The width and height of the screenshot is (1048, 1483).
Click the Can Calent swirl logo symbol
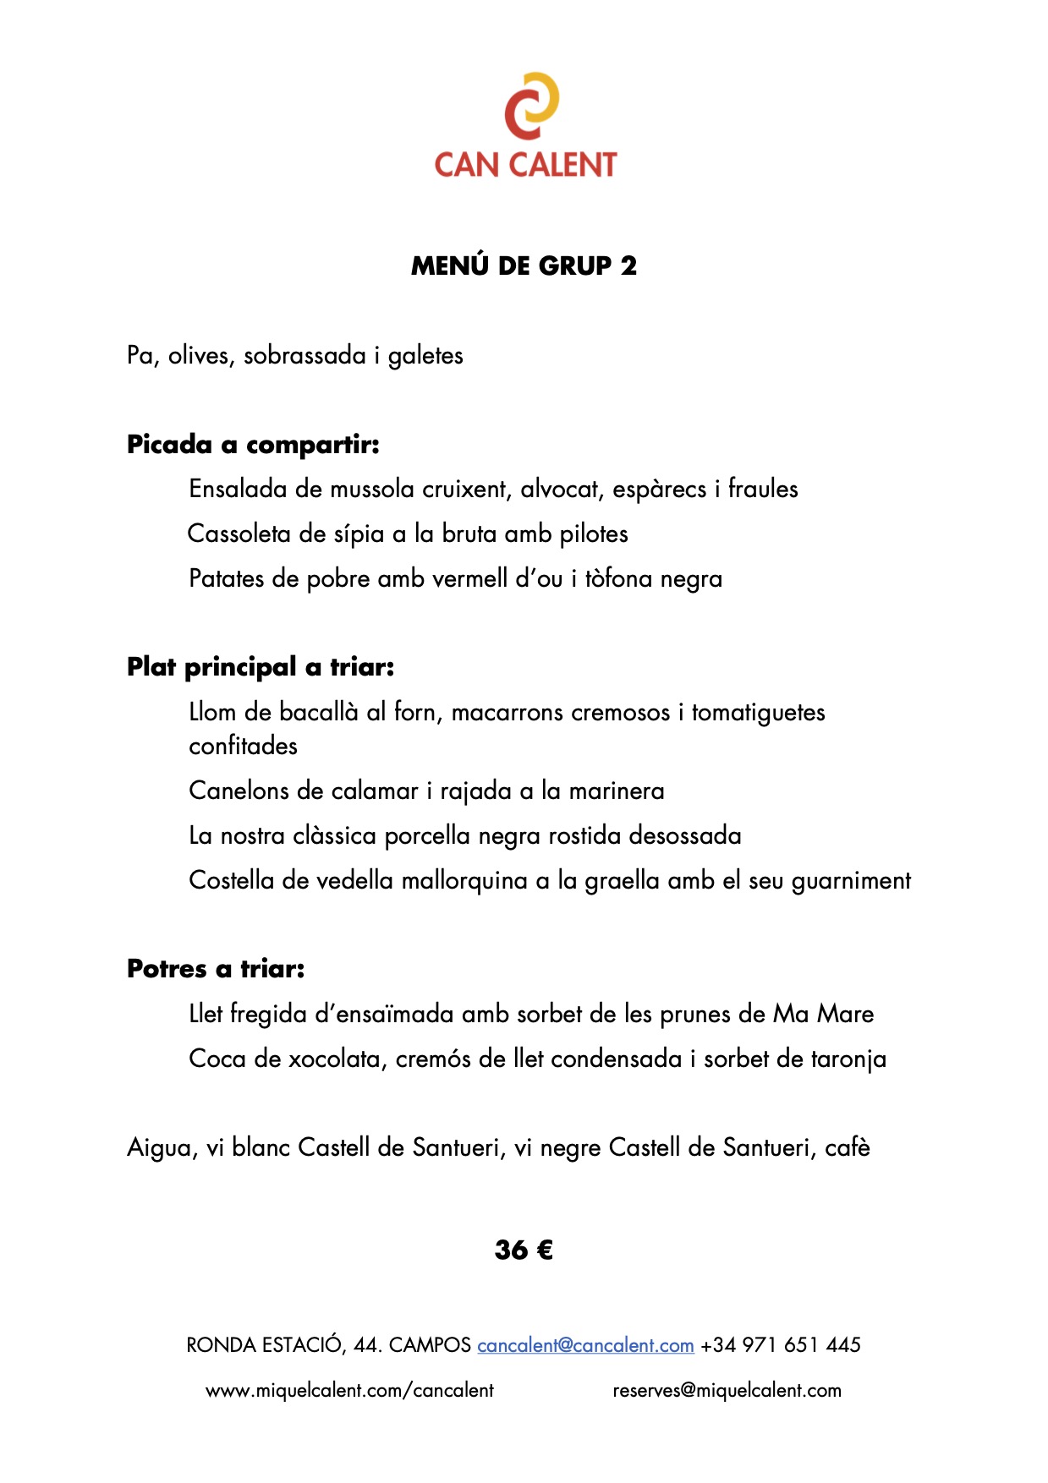[x=531, y=106]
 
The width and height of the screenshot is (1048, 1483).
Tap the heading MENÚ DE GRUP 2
[x=524, y=265]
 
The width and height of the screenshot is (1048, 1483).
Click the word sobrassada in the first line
[x=305, y=355]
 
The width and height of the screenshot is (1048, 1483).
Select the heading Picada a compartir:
[x=253, y=444]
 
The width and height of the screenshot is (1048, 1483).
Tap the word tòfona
[x=618, y=578]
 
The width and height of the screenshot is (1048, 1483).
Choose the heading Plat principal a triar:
[x=261, y=667]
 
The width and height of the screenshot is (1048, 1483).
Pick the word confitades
[x=244, y=746]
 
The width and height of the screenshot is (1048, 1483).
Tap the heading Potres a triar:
[x=216, y=968]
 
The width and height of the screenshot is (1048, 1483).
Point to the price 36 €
[x=524, y=1250]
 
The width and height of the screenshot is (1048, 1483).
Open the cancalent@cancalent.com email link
[x=585, y=1345]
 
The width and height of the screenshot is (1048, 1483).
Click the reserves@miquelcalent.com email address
[x=727, y=1391]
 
